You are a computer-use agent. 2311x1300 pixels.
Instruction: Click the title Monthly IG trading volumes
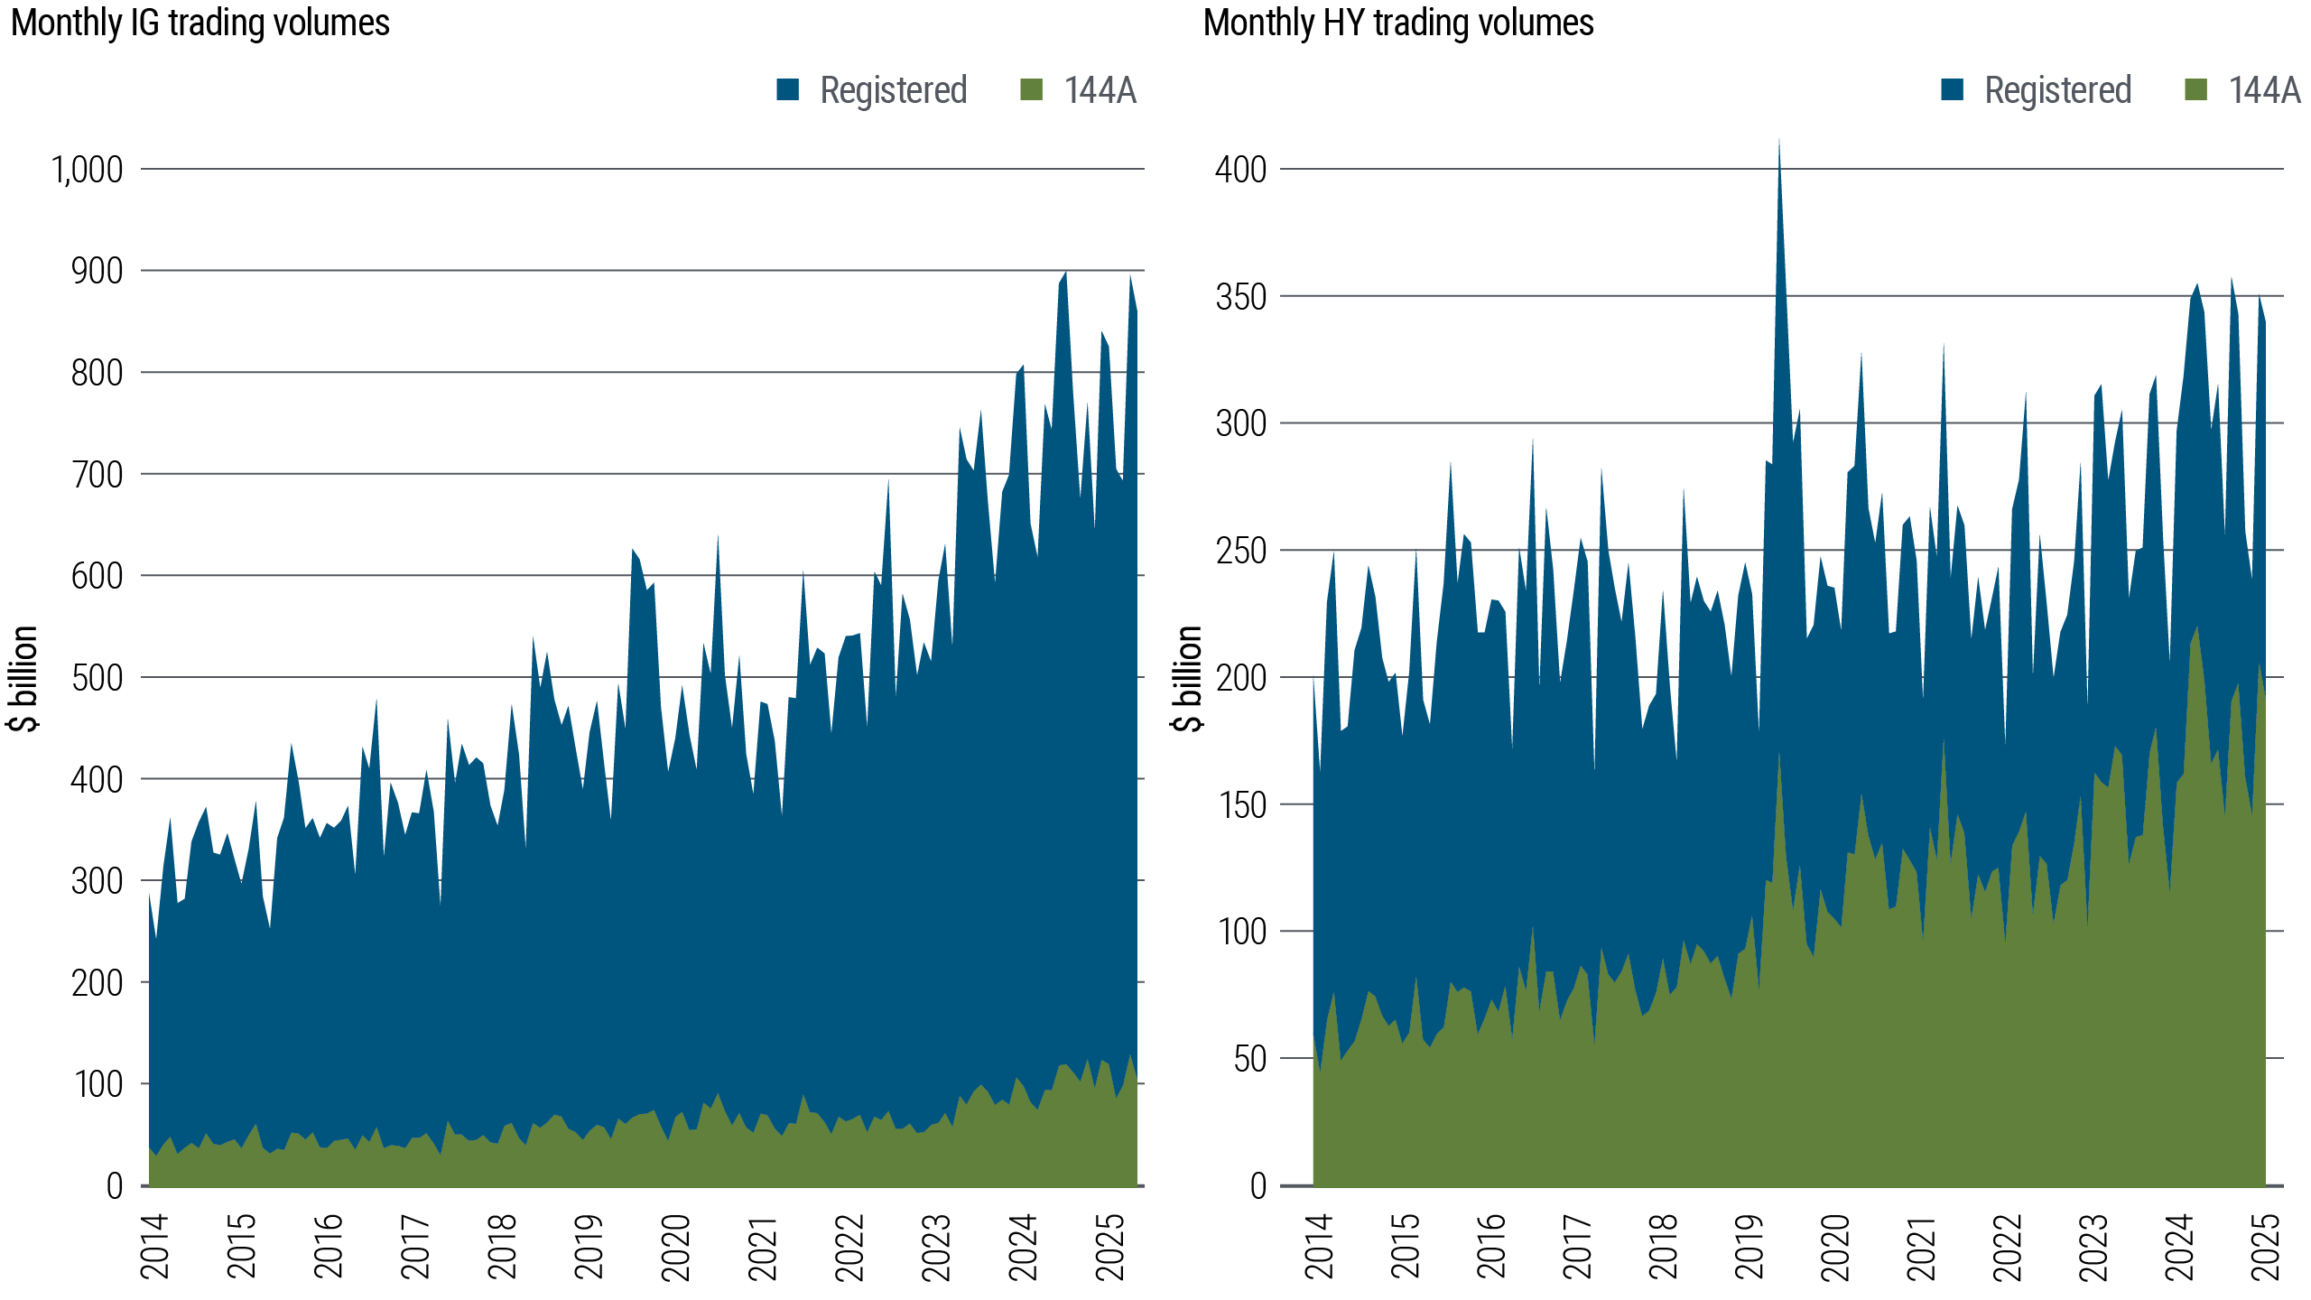coord(200,23)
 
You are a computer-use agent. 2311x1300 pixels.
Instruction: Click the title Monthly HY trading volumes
coord(1398,23)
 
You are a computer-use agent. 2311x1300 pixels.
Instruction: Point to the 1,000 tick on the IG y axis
coord(88,169)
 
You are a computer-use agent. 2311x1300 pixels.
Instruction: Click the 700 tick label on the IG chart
coord(97,474)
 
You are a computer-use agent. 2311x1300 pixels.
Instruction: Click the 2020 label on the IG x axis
coord(676,1247)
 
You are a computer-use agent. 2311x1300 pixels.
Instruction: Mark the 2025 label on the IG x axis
coord(1110,1247)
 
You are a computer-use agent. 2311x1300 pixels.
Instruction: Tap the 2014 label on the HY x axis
coord(1319,1247)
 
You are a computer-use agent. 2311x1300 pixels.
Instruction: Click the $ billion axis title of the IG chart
coord(26,678)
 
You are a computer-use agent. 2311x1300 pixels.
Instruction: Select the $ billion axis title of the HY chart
coord(1189,678)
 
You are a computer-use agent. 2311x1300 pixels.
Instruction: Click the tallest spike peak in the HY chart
coord(1778,141)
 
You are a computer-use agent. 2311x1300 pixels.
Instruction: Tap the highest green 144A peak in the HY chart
coord(2196,628)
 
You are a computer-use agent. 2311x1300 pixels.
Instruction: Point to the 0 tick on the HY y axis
coord(1258,1186)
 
